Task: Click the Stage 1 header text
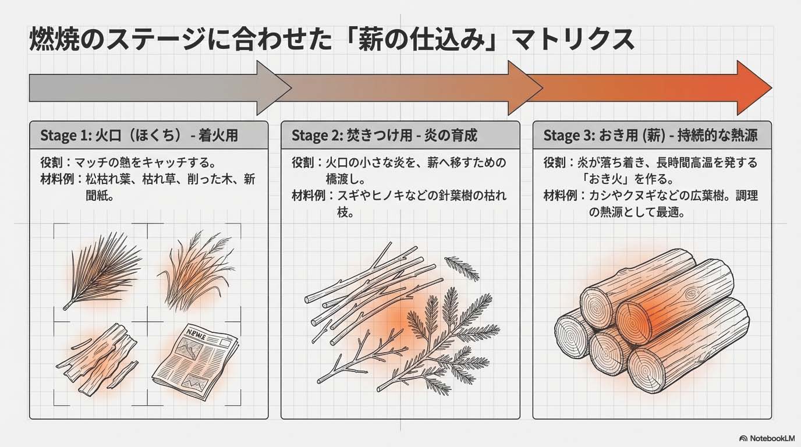coord(139,136)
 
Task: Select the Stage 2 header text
coord(384,136)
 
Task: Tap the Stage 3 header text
coord(650,136)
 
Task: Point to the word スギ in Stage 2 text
coord(349,196)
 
